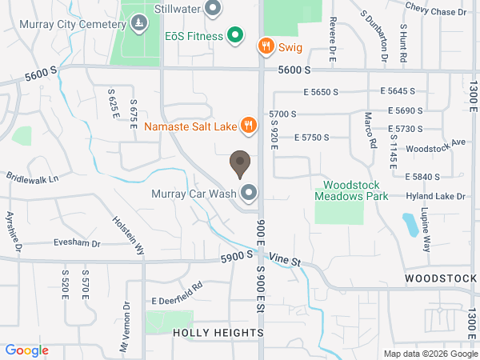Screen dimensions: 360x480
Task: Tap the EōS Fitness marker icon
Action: click(x=234, y=35)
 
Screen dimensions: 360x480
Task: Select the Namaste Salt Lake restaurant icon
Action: click(x=249, y=125)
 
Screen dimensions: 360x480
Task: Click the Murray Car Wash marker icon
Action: click(x=249, y=193)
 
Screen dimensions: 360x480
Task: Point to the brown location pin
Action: click(x=239, y=163)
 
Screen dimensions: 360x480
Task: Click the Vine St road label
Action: click(x=284, y=260)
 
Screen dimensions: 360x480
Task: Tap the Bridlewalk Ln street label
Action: click(x=33, y=178)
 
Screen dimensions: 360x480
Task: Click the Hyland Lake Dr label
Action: click(x=435, y=196)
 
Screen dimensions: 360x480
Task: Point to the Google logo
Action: click(x=27, y=350)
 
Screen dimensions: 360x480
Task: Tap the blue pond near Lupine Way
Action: click(x=410, y=224)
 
